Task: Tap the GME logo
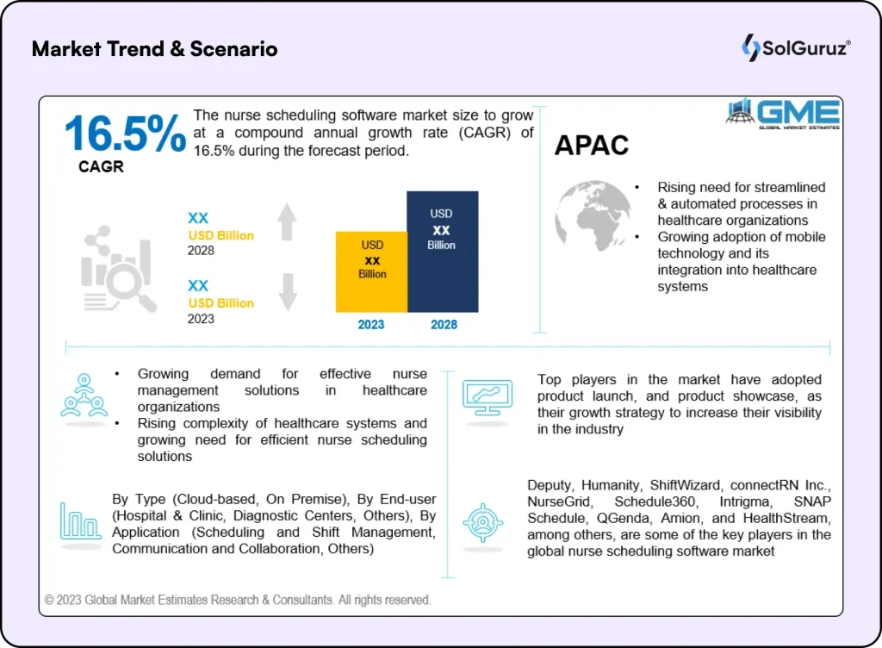(x=782, y=114)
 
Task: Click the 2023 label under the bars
(x=371, y=325)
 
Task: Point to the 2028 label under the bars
(x=443, y=325)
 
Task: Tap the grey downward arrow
(x=287, y=292)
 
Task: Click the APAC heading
(x=592, y=146)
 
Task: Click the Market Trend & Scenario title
(x=155, y=48)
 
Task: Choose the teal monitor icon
(x=488, y=396)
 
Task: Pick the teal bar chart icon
(x=80, y=522)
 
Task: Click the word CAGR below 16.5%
(x=101, y=167)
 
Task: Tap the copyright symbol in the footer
(x=50, y=600)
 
